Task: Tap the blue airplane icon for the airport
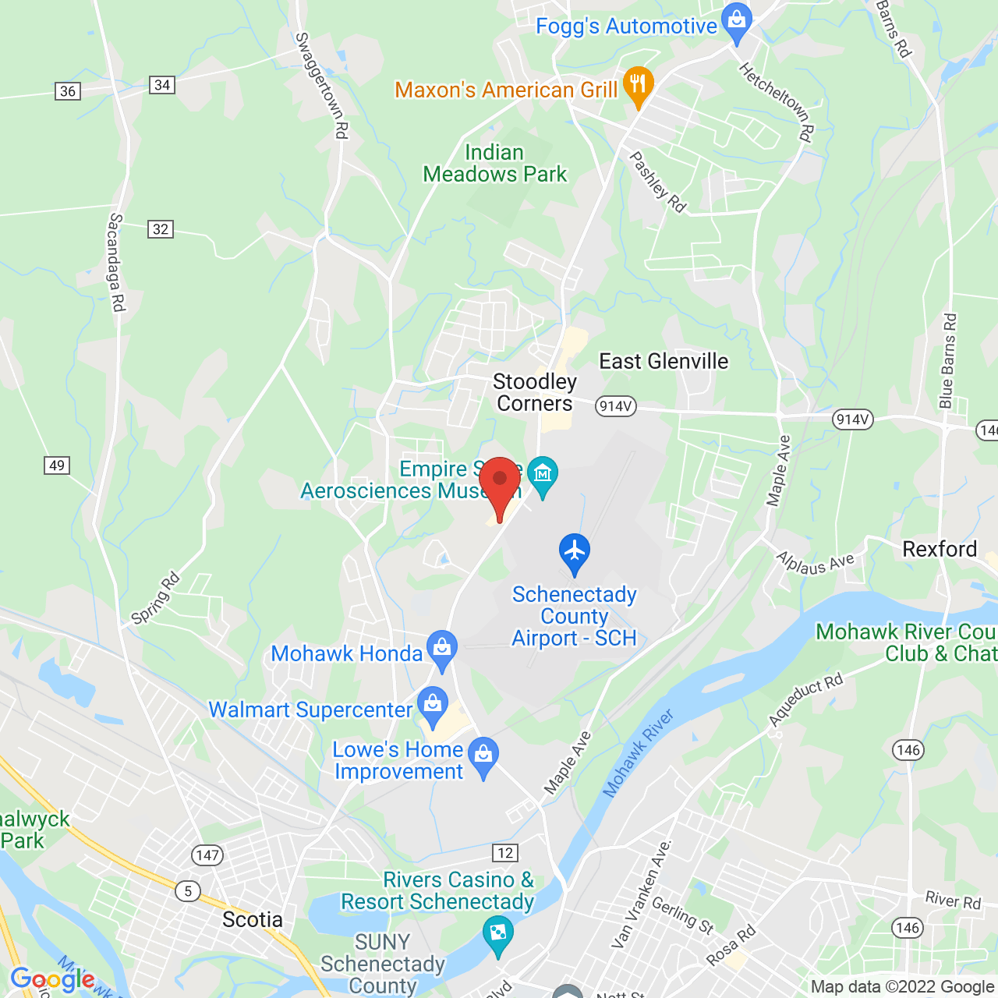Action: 575,551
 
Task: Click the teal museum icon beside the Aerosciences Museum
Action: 543,474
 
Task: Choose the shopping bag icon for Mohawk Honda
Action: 442,648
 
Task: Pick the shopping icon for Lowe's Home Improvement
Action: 484,755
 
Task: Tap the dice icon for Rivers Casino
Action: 497,933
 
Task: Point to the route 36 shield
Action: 68,91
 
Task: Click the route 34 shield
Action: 162,85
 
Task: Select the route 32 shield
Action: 161,229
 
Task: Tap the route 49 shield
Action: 57,465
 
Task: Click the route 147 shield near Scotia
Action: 208,855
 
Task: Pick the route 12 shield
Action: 505,852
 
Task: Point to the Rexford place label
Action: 940,549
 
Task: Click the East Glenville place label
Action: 664,361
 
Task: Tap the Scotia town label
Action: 253,919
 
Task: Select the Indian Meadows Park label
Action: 495,163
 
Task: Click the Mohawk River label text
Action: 639,754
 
